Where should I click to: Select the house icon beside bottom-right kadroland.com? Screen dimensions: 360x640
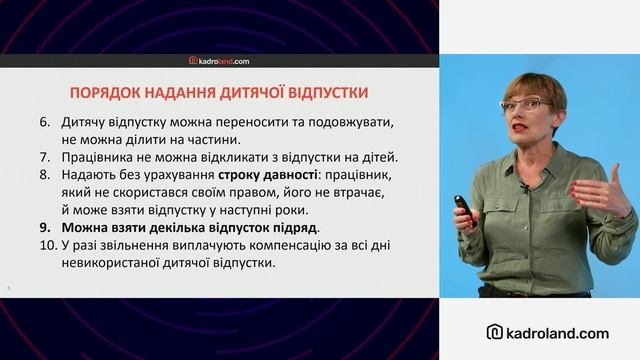tap(494, 332)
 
